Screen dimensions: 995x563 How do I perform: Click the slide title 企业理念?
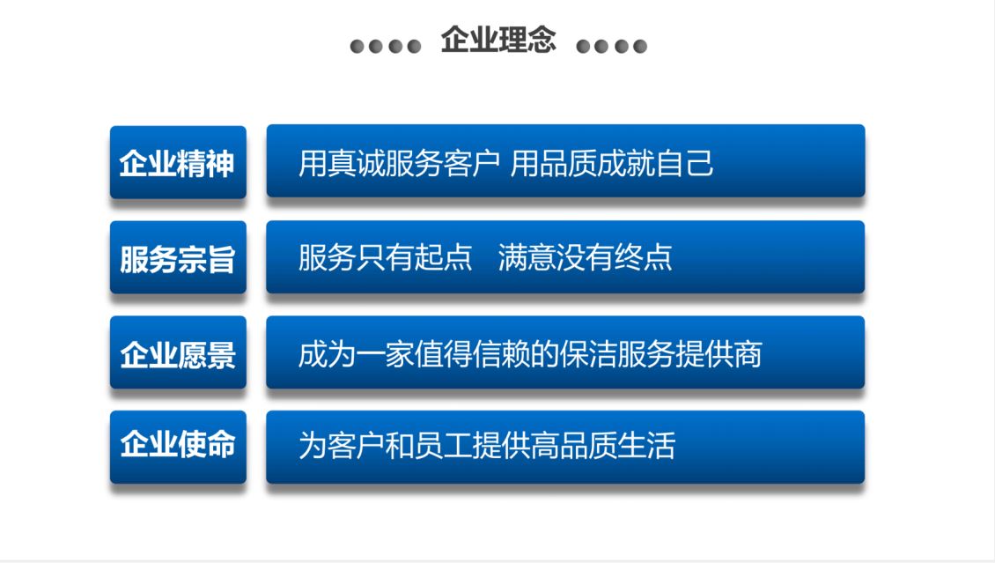tap(498, 40)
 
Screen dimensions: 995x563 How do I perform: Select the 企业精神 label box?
tap(179, 162)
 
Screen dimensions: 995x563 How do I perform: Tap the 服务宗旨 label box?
tap(179, 257)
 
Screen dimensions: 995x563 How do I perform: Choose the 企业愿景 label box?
tap(179, 352)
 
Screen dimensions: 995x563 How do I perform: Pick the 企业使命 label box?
tap(179, 447)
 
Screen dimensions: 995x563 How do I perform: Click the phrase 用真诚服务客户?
tap(399, 163)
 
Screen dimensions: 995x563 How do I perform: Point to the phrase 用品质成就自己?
tap(612, 163)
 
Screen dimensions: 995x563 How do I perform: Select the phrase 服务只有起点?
tap(385, 257)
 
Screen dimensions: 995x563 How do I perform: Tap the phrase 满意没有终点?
tap(585, 257)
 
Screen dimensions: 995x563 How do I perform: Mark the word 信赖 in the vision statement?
tap(500, 354)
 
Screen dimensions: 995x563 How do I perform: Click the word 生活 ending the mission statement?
tap(646, 445)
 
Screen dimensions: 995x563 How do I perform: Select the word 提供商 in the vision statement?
tap(719, 354)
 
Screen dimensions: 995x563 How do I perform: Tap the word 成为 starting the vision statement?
tap(327, 354)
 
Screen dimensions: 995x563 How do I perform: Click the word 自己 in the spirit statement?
tap(685, 163)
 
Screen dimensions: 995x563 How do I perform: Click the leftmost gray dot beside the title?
tap(357, 47)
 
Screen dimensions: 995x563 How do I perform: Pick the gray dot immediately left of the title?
tap(415, 47)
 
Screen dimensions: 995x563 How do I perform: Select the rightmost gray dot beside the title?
tap(640, 47)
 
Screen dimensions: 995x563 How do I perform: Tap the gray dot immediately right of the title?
tap(583, 47)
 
